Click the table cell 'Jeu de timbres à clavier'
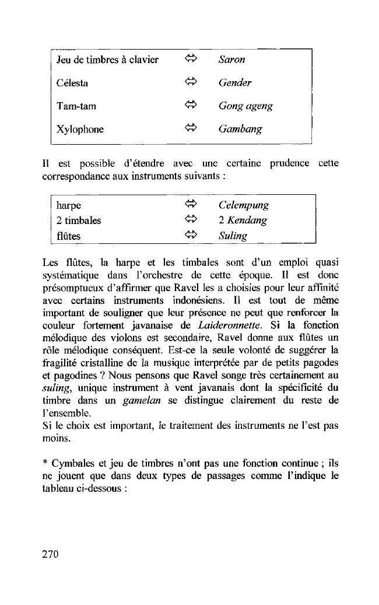107,60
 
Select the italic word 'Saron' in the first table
231,60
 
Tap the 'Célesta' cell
72,83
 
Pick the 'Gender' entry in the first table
235,83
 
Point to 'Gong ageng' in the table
245,106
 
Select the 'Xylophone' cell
80,130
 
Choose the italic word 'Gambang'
240,130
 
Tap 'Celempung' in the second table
244,205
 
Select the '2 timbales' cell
79,221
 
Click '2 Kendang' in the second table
243,221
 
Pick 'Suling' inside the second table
233,236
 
